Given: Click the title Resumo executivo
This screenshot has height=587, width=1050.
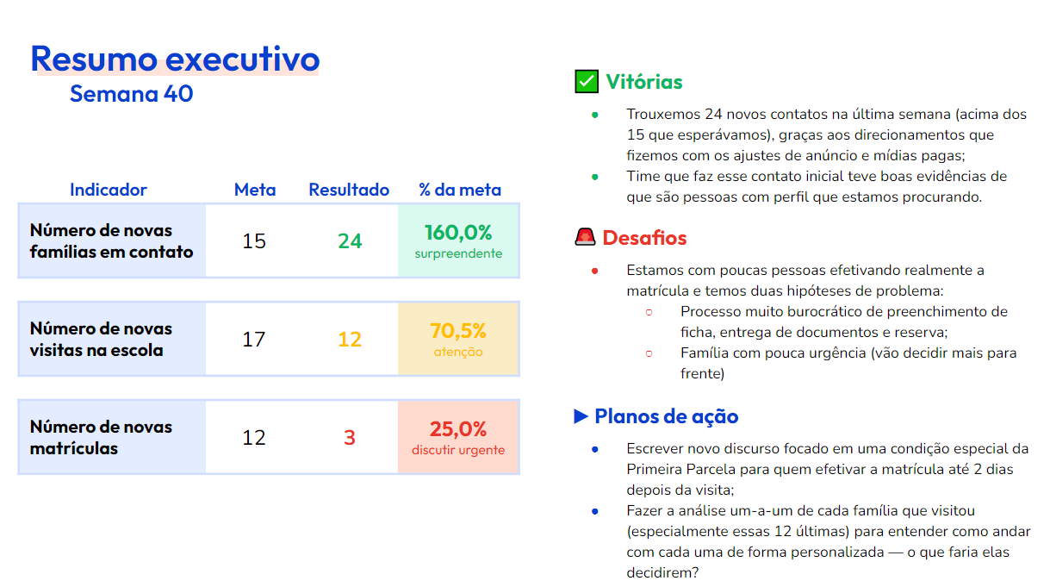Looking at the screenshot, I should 175,59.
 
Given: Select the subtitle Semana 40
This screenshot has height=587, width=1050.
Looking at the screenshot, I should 131,94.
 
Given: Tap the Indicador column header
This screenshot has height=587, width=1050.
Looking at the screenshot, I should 109,190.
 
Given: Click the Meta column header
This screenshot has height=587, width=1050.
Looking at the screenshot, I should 255,190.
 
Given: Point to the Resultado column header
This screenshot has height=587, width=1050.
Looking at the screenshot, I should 349,190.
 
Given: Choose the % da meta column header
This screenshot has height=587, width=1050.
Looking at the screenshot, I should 459,190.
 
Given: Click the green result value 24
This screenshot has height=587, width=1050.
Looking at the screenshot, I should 350,241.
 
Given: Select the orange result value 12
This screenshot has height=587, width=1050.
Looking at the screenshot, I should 350,340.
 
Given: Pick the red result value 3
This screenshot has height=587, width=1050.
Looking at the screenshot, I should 350,438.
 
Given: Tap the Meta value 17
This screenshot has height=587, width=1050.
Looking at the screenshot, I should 254,340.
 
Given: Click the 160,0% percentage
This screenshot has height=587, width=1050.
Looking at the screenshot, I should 458,233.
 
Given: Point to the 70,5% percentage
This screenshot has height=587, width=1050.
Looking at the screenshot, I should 458,331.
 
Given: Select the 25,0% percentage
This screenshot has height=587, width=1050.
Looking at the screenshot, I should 458,429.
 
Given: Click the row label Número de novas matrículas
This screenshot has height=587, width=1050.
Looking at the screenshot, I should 101,438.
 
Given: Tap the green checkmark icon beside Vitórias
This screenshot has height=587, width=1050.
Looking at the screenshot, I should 587,82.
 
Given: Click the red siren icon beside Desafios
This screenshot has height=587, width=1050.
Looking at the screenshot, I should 586,238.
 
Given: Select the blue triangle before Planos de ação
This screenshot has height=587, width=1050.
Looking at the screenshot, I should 581,416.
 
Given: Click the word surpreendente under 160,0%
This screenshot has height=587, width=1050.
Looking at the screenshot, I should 458,254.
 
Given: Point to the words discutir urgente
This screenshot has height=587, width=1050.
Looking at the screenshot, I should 458,450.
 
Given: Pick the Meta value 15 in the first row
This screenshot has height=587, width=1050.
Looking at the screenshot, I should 254,241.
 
